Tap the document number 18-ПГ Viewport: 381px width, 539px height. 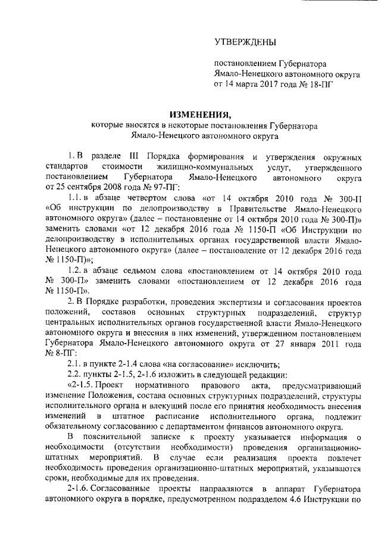(320, 84)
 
